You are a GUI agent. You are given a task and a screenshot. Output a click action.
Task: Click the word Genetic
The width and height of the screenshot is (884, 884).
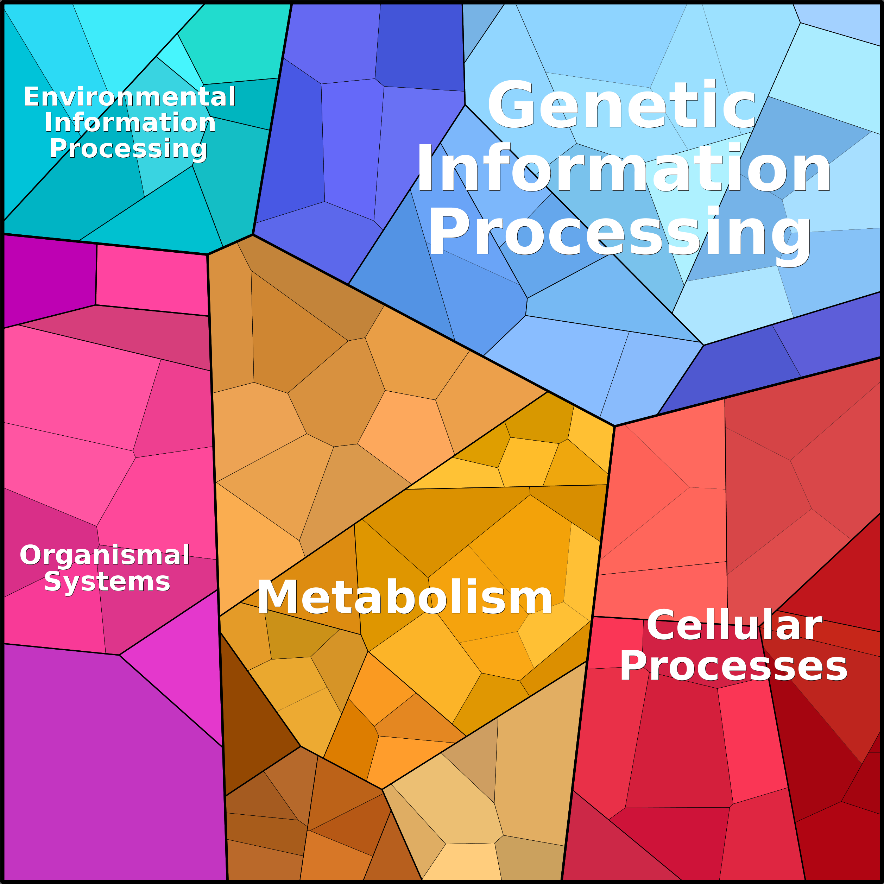[x=621, y=105]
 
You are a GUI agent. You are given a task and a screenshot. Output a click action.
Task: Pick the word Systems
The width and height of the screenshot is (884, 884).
[x=107, y=582]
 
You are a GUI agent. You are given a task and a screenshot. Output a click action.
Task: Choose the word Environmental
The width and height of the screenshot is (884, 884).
[x=130, y=97]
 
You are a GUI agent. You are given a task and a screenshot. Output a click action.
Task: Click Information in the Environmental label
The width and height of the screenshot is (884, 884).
[x=130, y=122]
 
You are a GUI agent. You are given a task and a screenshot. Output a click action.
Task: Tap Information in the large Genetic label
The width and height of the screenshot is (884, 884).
[x=623, y=168]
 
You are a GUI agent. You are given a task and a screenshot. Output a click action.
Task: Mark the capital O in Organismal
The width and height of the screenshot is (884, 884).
[x=30, y=555]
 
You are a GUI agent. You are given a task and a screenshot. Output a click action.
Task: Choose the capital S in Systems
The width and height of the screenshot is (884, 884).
[x=52, y=582]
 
